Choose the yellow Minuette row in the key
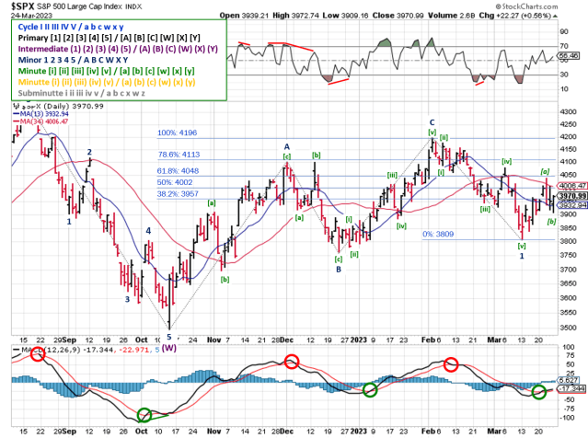(x=101, y=82)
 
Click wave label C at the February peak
(x=431, y=121)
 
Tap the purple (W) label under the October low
(x=171, y=347)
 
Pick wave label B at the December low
(x=338, y=270)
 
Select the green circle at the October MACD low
(x=144, y=417)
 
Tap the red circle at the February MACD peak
(x=451, y=364)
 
